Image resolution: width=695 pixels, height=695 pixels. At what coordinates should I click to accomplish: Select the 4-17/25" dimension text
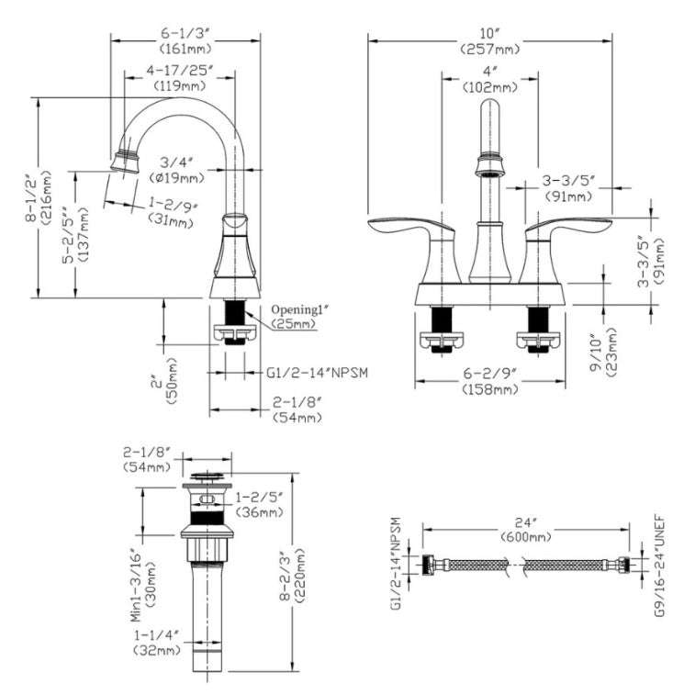coord(181,70)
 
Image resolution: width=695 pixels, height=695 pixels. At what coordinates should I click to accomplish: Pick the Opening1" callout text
coord(301,309)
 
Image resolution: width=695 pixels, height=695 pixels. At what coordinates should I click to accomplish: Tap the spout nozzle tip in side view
coord(123,162)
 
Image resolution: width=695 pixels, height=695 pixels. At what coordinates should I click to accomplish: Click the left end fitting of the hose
coord(430,565)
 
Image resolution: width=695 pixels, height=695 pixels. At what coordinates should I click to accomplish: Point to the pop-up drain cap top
coord(207,477)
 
